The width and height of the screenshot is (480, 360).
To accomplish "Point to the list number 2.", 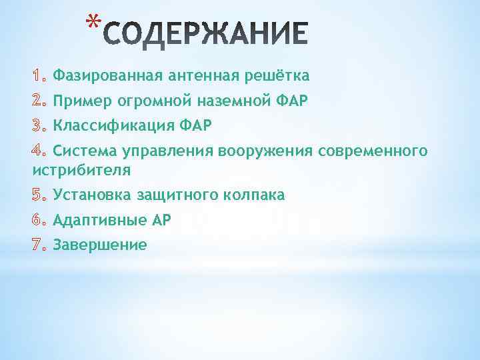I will (39, 101).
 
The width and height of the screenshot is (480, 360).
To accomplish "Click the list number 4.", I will (39, 151).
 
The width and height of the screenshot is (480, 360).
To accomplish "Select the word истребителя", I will (81, 169).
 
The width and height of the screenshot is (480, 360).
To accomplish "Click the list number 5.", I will (39, 195).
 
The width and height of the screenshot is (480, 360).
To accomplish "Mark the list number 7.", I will (39, 245).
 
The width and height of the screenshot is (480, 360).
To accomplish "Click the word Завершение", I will (100, 245).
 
